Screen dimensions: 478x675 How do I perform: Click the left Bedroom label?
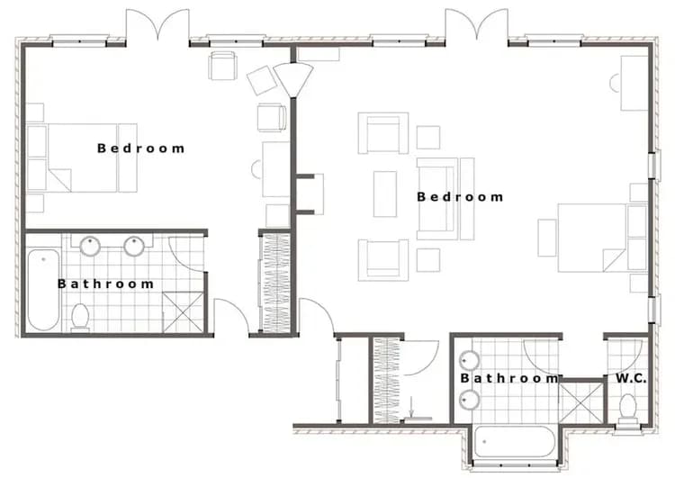coord(140,148)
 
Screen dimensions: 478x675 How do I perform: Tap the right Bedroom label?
coord(459,196)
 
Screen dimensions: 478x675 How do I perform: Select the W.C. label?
coord(631,379)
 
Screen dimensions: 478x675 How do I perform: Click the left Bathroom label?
coord(105,284)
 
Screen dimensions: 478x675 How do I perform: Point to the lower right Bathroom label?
coord(509,379)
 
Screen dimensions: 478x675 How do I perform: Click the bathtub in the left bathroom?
coord(42,290)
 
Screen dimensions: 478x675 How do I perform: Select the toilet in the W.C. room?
coord(628,406)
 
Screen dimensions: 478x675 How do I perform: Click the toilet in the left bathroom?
coord(80,317)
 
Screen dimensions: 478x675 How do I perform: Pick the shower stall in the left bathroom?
coord(184,311)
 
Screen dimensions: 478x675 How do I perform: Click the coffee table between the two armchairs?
coord(385,194)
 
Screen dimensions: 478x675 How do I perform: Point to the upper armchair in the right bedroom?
coord(382,132)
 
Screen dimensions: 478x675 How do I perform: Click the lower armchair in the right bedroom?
coord(382,259)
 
